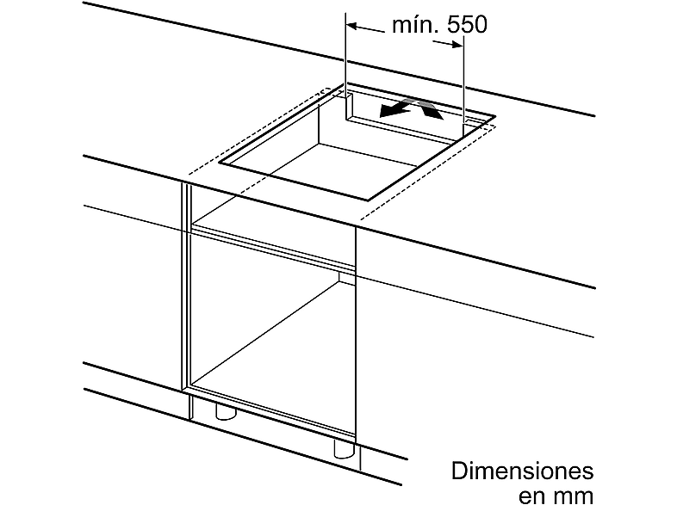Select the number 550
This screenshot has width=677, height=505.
(467, 24)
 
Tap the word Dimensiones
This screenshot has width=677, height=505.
(523, 471)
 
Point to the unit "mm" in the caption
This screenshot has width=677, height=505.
(571, 496)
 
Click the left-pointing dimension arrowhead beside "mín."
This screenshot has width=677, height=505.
(352, 26)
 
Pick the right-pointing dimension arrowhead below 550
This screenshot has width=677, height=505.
(457, 44)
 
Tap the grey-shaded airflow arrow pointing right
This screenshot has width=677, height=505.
(430, 108)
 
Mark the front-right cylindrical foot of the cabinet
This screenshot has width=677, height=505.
(345, 449)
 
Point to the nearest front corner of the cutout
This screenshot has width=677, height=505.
(369, 200)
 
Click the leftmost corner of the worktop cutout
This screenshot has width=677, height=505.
(220, 162)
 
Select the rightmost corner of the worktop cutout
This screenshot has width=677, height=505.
(494, 115)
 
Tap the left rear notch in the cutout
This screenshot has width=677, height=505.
(350, 105)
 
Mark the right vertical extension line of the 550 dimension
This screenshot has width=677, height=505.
(463, 79)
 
